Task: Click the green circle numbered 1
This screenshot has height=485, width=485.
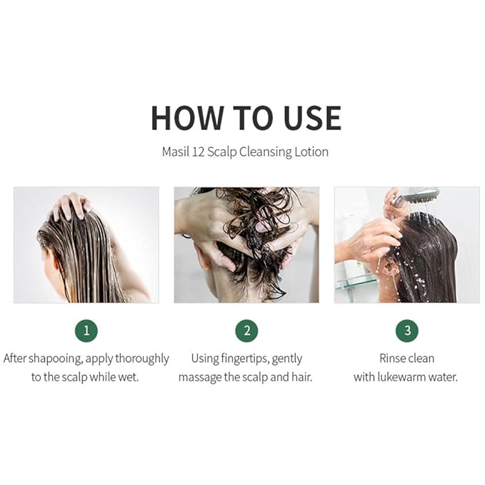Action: coord(86,330)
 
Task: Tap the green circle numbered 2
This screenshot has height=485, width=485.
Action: coord(246,330)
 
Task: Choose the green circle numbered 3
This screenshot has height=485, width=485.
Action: coord(406,330)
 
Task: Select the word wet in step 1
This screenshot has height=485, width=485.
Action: coord(128,376)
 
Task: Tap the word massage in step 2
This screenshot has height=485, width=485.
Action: coord(202,376)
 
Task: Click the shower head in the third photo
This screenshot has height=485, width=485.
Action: coord(421,195)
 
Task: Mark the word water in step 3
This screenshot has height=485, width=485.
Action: coord(441,376)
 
